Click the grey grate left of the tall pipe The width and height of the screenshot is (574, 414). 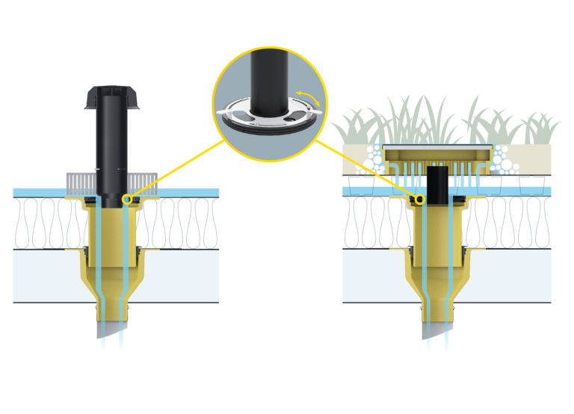coord(81,182)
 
